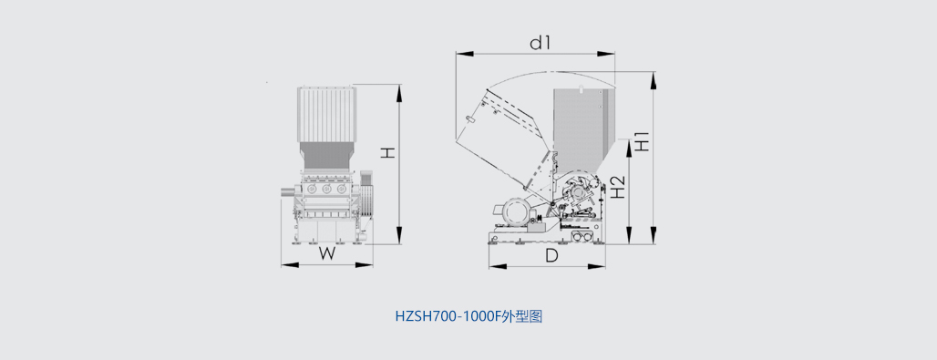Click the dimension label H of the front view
(389, 153)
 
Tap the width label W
(326, 253)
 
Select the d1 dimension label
(540, 43)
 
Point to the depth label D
(551, 256)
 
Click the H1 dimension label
(643, 141)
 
